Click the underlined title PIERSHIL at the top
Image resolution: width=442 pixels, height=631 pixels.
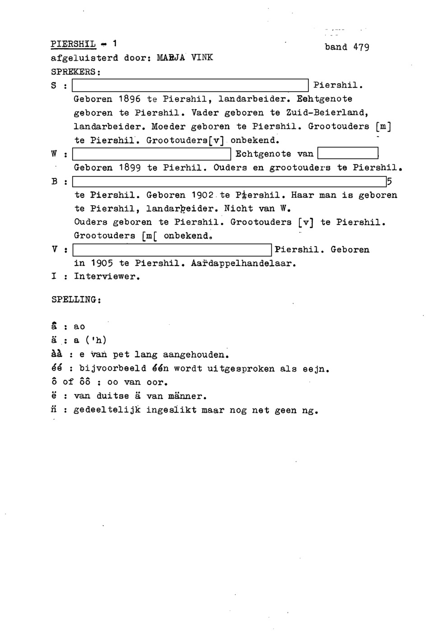(73, 44)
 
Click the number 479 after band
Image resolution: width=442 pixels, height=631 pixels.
(361, 47)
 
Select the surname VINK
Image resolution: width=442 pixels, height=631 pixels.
(202, 58)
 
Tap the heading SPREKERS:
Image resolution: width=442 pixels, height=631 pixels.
(75, 72)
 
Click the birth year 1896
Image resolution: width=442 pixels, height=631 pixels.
(130, 99)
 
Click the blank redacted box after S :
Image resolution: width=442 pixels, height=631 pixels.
(190, 85)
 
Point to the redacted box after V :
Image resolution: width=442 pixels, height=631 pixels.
(172, 249)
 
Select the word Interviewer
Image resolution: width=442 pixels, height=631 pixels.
(107, 276)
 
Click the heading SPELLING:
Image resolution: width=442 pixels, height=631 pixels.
(75, 299)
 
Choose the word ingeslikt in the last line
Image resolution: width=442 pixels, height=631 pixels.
(171, 411)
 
